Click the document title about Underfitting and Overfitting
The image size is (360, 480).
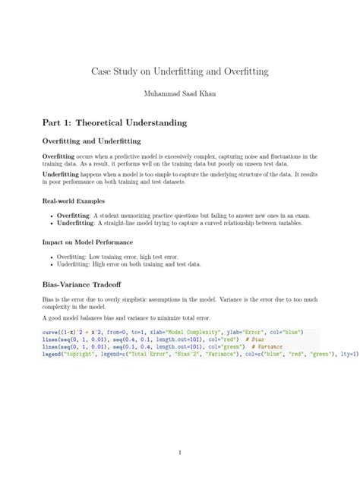click(180, 71)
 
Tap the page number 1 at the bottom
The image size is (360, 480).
click(180, 453)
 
